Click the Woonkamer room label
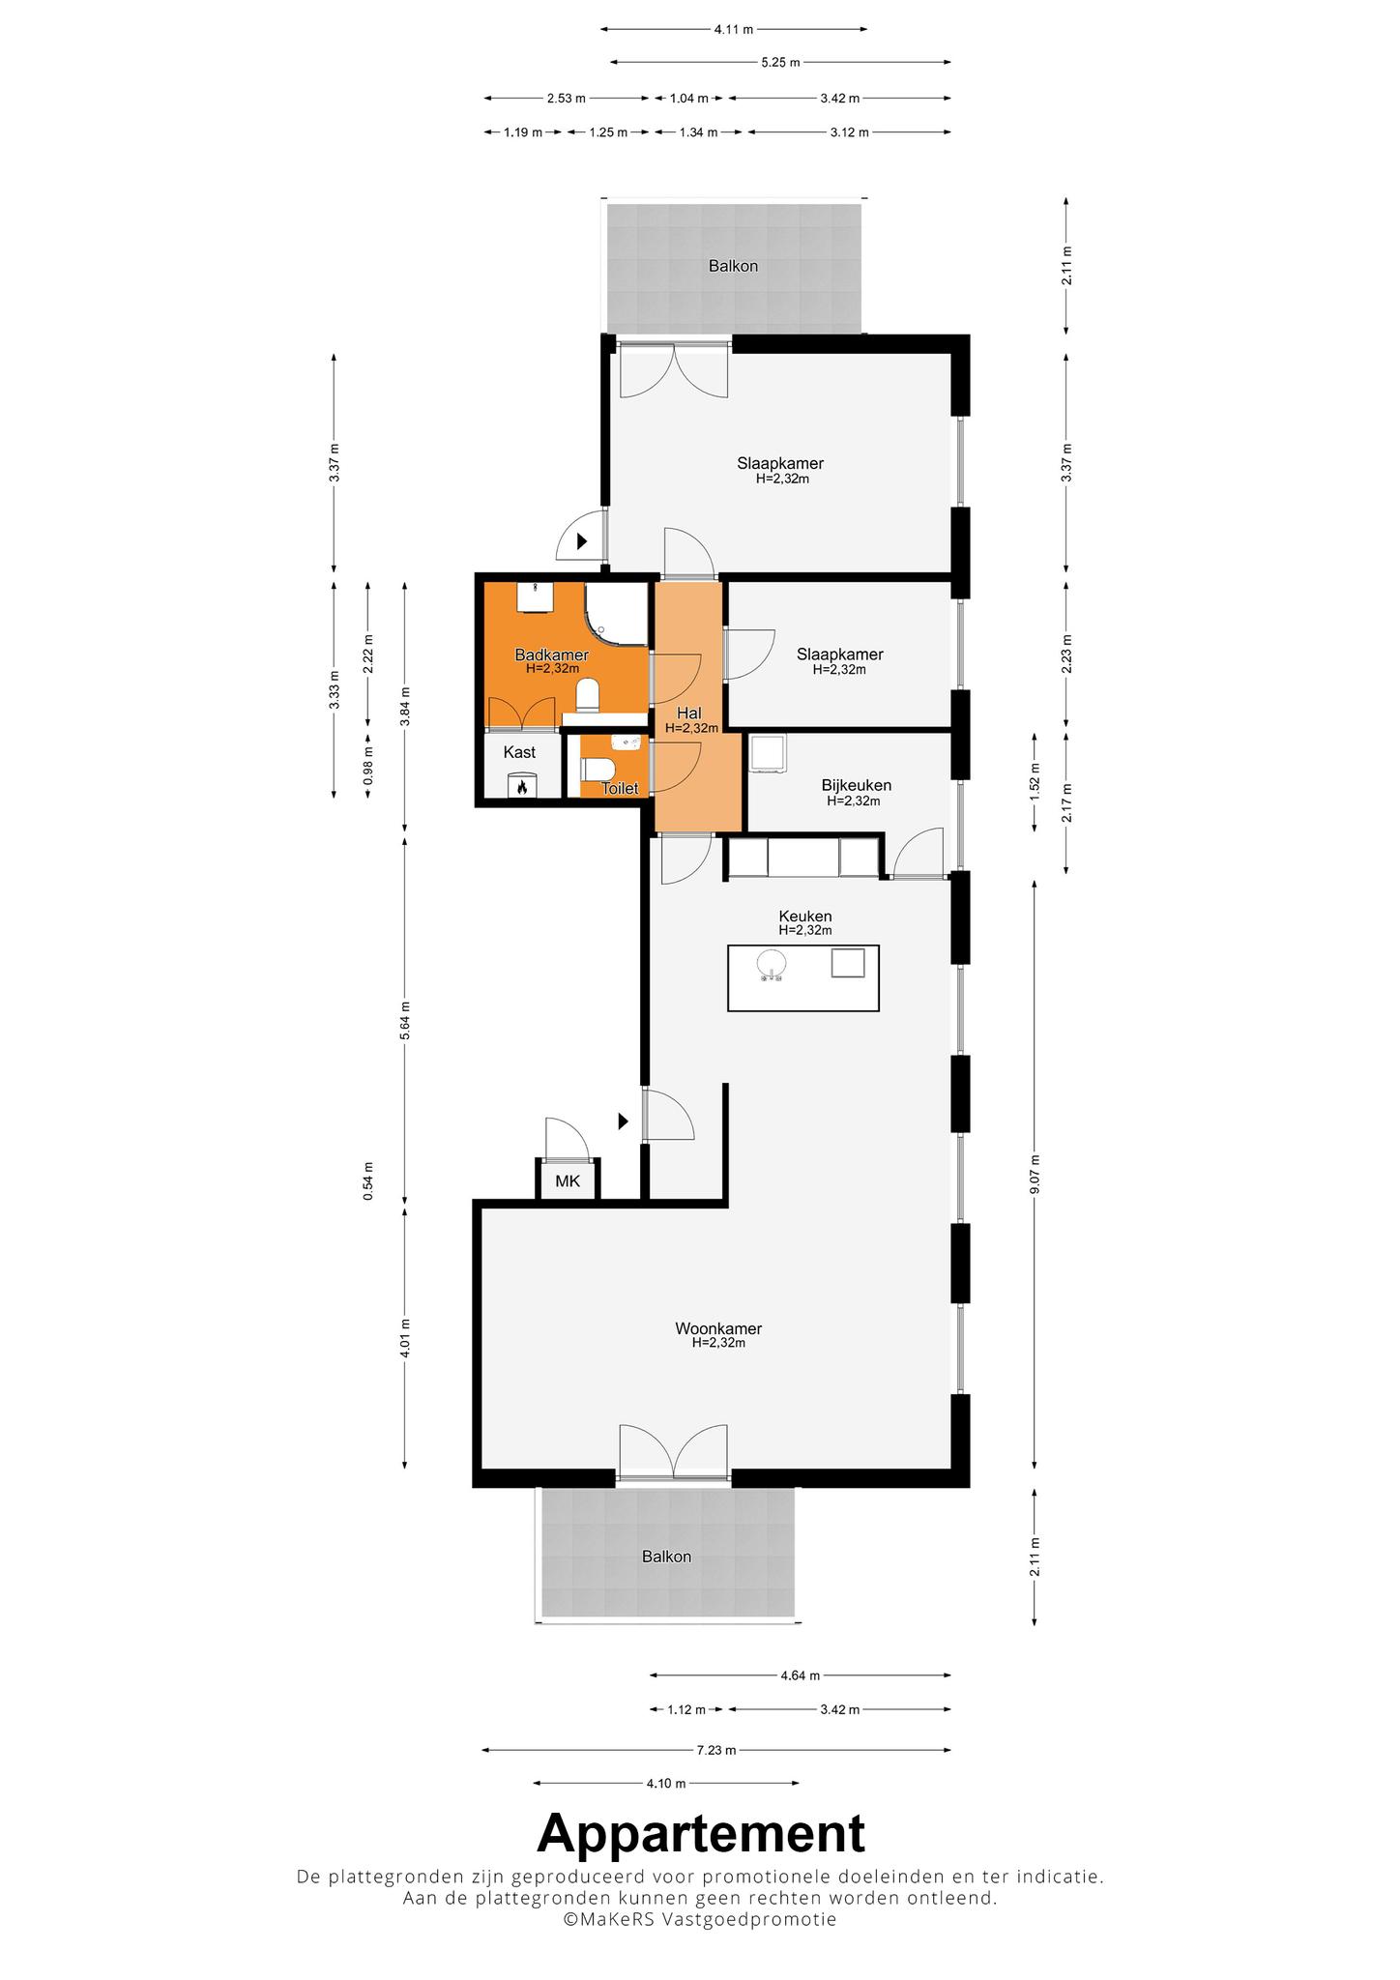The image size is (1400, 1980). coord(718,1328)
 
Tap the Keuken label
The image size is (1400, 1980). coord(805,916)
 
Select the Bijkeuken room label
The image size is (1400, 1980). coord(856,785)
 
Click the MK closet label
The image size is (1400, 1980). coord(568,1180)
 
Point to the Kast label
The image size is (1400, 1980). coord(519,752)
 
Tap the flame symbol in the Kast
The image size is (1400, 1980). coord(522,786)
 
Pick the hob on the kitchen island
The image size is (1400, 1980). coord(848,963)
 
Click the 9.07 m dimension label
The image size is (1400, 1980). coord(1035,1175)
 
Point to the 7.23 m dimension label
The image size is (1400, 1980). coord(716,1750)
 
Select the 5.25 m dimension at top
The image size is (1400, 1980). coord(780,63)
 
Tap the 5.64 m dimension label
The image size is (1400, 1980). coord(405,1020)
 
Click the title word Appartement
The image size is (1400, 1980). coord(701,1831)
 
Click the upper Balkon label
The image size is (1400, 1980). coord(733,266)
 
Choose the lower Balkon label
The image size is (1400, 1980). coord(666,1557)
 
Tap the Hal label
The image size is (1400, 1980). coord(688,713)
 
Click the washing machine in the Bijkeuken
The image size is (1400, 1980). coord(768,754)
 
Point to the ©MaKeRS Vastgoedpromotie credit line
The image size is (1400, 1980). coord(700,1919)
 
